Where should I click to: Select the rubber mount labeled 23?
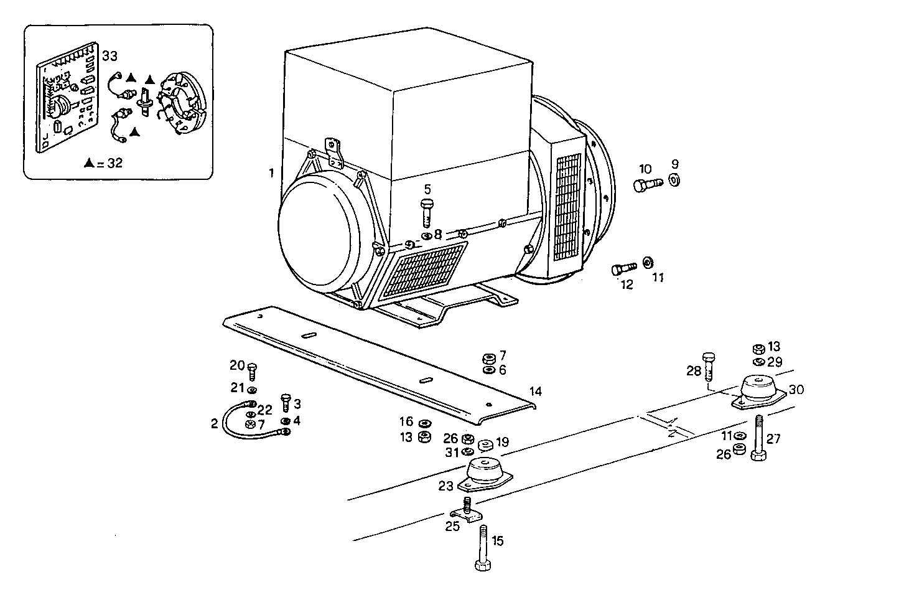485,475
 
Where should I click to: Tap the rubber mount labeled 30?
757,392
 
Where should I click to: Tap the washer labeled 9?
674,180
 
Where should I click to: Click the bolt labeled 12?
623,268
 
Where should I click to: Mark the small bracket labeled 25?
464,514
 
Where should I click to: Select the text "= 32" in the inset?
110,164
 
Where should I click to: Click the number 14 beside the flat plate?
535,392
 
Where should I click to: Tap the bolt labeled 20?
252,370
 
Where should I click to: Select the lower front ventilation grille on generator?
424,270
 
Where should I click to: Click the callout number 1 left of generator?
271,172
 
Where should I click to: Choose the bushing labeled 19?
485,446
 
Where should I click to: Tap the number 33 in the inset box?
110,56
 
